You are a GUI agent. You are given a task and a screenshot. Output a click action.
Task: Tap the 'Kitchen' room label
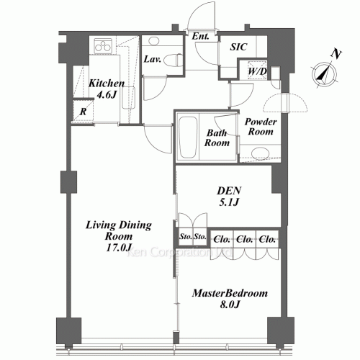coord(107,84)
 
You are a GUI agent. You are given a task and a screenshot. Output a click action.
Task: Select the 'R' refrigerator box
coord(84,112)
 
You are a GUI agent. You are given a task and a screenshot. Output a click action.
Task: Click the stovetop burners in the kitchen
coord(102,48)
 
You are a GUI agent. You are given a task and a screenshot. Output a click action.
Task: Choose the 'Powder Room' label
coord(261,127)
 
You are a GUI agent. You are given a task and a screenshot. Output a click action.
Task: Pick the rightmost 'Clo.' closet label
coord(267,239)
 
